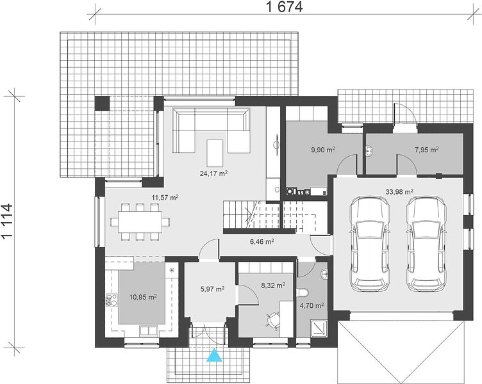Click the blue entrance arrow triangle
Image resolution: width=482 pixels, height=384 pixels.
[x=214, y=355]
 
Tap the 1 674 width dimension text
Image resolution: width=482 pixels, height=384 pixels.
[x=284, y=8]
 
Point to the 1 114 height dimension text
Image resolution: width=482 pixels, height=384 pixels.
[x=7, y=220]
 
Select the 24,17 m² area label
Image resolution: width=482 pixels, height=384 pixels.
[x=213, y=173]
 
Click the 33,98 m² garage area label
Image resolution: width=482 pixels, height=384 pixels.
[x=399, y=192]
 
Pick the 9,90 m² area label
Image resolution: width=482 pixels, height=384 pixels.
[x=323, y=150]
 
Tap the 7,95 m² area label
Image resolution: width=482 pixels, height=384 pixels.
[x=426, y=150]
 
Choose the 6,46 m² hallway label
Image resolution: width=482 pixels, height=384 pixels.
[x=262, y=241]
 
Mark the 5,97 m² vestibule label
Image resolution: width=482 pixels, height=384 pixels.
[x=212, y=289]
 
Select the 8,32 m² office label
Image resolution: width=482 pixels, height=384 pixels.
[x=273, y=285]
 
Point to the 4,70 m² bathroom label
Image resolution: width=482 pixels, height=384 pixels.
[x=312, y=306]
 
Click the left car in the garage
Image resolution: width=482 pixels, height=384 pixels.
[x=370, y=244]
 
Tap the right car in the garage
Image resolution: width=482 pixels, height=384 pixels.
[x=426, y=244]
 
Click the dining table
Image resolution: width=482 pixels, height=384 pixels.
[x=140, y=221]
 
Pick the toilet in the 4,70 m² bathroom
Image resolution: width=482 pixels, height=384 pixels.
[x=302, y=293]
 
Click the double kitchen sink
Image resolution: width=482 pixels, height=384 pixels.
[x=149, y=331]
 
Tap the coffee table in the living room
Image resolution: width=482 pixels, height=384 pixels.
[x=215, y=152]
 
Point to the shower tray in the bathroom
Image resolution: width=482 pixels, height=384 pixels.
[x=319, y=328]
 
